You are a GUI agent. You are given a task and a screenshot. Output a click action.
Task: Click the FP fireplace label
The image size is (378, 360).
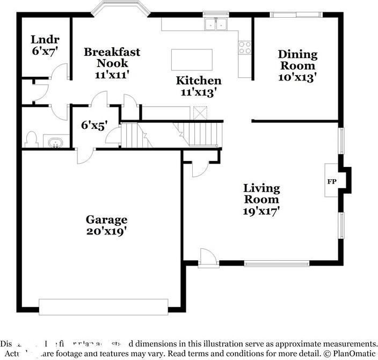pyautogui.click(x=332, y=182)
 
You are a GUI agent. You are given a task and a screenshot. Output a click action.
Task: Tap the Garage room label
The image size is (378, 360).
pyautogui.click(x=106, y=219)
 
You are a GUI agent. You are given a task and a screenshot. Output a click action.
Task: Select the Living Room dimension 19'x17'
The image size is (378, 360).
pyautogui.click(x=261, y=211)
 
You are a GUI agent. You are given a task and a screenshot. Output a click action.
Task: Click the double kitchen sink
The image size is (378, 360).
pyautogui.click(x=216, y=24)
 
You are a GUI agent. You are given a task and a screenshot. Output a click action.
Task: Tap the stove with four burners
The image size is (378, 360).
pyautogui.click(x=245, y=47)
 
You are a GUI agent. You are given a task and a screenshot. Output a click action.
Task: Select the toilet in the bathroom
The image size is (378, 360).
pyautogui.click(x=31, y=139)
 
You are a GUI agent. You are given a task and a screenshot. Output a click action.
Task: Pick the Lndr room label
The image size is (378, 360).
pyautogui.click(x=45, y=39)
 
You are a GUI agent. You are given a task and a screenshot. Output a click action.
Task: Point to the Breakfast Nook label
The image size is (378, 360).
pyautogui.click(x=112, y=57)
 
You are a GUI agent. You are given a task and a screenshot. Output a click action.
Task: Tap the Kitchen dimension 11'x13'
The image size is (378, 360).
pyautogui.click(x=199, y=92)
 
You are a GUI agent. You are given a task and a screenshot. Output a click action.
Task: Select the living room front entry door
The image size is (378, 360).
pyautogui.click(x=208, y=258)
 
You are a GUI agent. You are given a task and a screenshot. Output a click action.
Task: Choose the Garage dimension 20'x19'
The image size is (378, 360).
pyautogui.click(x=106, y=231)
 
